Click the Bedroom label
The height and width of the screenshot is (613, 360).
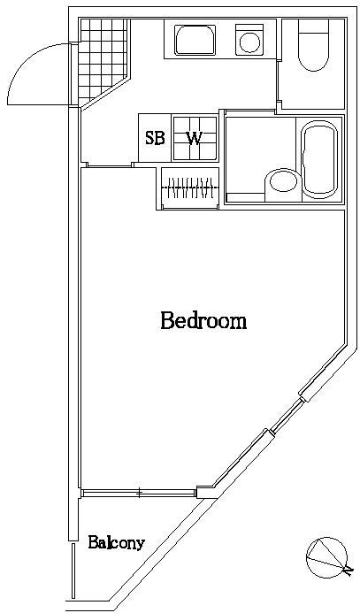coord(203,320)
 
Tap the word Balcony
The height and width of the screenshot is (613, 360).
coord(117,543)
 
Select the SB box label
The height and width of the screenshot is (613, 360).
coord(155,138)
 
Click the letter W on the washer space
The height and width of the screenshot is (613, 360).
coord(195,138)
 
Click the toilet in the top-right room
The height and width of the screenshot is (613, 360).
coord(314,45)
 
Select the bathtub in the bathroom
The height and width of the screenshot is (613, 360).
coord(319,158)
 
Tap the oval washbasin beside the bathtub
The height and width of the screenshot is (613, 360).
coord(283,181)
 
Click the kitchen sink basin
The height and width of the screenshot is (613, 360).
coord(195,40)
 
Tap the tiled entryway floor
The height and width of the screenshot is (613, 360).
coord(103,58)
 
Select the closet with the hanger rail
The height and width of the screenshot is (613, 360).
coord(189,188)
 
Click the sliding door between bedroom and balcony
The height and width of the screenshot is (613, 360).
coord(139,493)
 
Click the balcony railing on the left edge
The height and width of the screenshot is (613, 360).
coord(73,571)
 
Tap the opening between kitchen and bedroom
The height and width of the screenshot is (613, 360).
coord(109,165)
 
